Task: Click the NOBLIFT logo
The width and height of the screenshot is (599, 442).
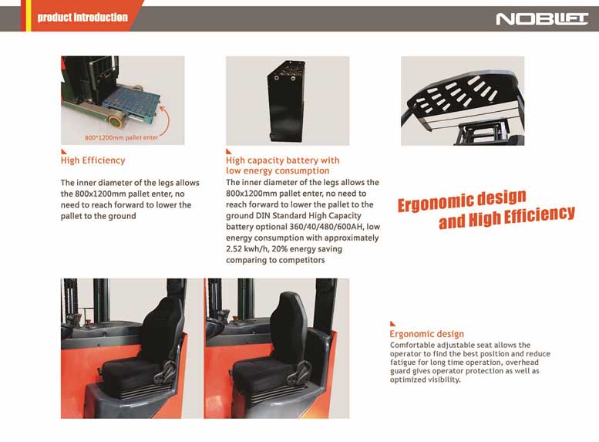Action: (x=542, y=19)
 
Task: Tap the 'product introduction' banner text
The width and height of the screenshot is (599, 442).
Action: (x=82, y=17)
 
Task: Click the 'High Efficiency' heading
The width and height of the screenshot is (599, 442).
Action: (x=93, y=160)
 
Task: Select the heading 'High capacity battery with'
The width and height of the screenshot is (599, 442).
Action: (x=282, y=160)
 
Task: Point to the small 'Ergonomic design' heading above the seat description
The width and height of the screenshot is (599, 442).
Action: (x=427, y=334)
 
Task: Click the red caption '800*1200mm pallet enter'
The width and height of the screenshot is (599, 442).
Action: (x=121, y=137)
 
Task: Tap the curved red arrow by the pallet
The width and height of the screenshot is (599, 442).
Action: (x=165, y=120)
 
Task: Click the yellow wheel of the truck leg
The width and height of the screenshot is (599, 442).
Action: (x=115, y=122)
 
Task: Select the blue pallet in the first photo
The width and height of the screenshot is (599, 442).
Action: (x=130, y=101)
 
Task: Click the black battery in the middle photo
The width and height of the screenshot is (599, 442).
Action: (x=285, y=101)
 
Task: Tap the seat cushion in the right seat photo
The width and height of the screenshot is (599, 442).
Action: (x=262, y=372)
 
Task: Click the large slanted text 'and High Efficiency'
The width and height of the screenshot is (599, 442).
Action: (x=506, y=218)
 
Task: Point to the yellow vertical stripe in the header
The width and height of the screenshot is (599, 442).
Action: (x=29, y=15)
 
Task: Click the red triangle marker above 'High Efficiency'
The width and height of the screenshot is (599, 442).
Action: (x=63, y=151)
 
